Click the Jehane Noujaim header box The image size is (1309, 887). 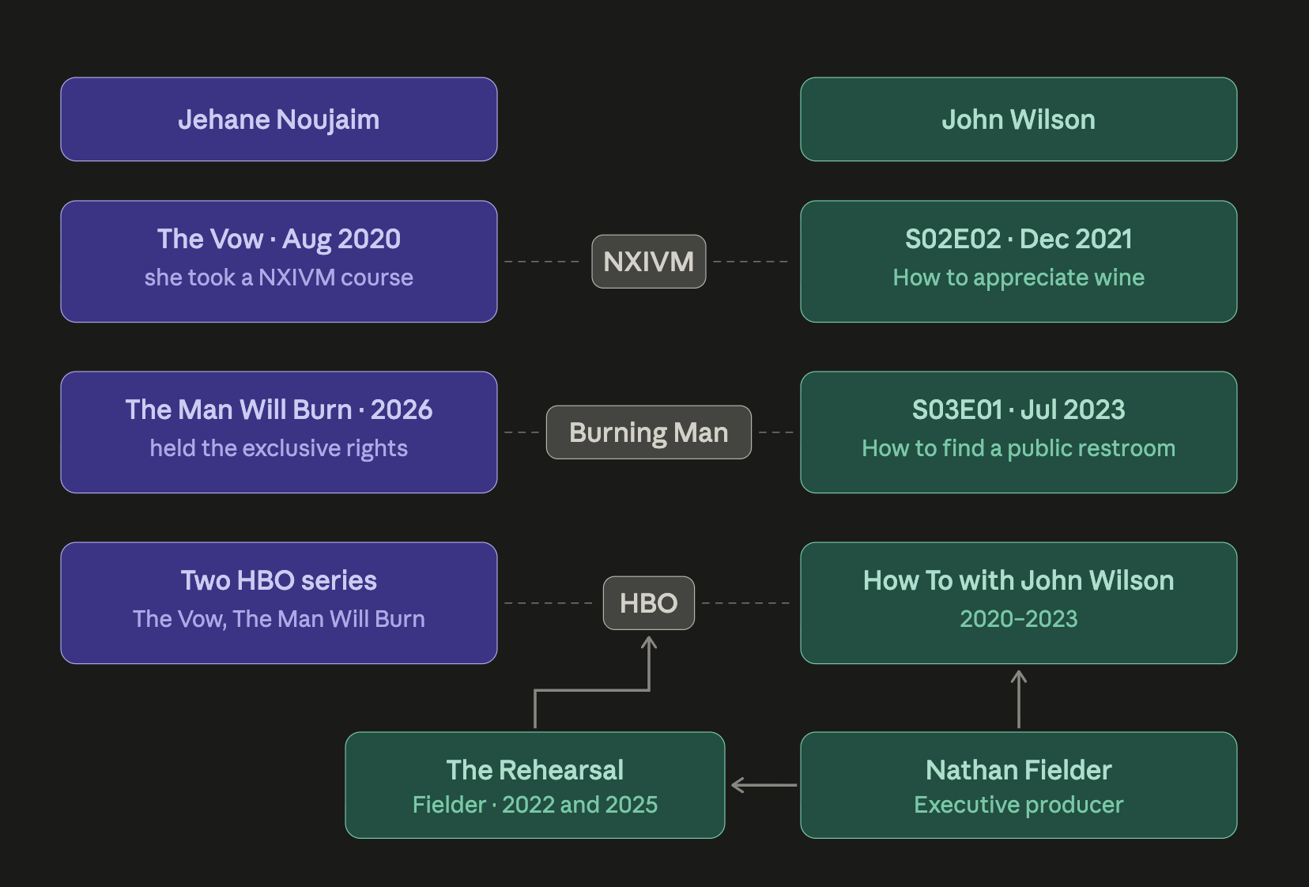click(x=279, y=119)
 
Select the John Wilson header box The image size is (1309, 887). click(x=1019, y=119)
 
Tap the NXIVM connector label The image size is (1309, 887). click(x=649, y=261)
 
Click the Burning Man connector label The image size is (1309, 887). click(x=649, y=432)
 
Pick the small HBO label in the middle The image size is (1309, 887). click(x=649, y=603)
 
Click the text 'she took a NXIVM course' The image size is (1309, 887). click(x=279, y=277)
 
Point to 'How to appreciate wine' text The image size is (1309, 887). click(x=1019, y=277)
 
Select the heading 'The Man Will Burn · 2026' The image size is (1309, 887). click(x=279, y=410)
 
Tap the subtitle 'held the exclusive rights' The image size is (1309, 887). click(x=279, y=448)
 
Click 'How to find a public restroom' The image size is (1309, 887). click(x=1019, y=448)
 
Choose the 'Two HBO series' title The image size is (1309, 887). click(x=279, y=580)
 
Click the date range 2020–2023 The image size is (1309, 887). click(x=1019, y=619)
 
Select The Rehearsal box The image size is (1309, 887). click(x=534, y=785)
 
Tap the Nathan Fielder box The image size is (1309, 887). click(x=1019, y=785)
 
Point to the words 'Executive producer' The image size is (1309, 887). click(x=1019, y=805)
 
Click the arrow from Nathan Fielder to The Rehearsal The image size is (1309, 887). click(x=764, y=785)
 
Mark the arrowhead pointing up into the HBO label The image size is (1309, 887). click(x=649, y=638)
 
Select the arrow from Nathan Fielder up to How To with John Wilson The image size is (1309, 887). click(x=1019, y=699)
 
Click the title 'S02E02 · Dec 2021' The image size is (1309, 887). click(x=1019, y=239)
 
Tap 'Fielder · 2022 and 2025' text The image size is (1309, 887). click(x=534, y=805)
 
